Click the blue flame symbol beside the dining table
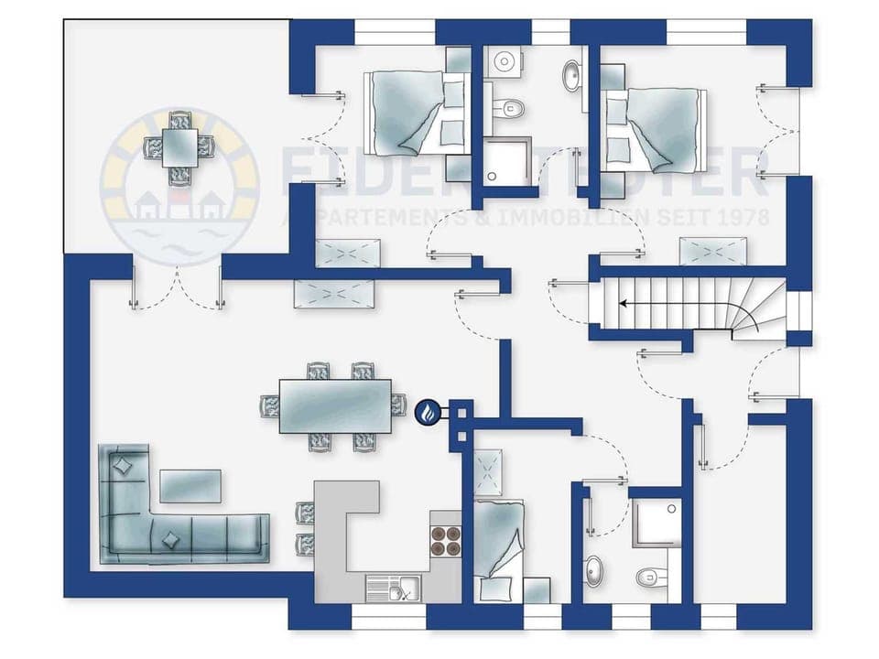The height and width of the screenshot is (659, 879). tap(428, 413)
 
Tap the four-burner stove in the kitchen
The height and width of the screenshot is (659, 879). tap(446, 540)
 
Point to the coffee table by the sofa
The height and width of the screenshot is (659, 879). tap(190, 486)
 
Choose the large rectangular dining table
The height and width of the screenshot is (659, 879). tap(335, 405)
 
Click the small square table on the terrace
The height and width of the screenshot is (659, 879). tap(179, 146)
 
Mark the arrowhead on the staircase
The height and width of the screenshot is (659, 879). tap(624, 304)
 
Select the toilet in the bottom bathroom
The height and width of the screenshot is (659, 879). tap(649, 578)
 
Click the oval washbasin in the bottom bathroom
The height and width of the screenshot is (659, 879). tap(595, 569)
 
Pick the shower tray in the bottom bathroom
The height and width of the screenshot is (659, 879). tap(657, 523)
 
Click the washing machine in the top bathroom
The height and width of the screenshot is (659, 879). tap(504, 61)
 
